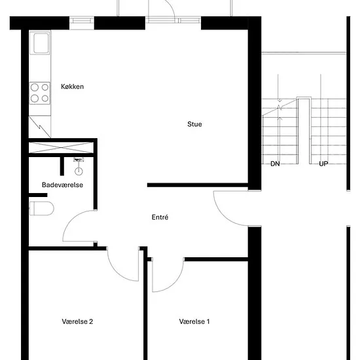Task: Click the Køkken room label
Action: pyautogui.click(x=72, y=86)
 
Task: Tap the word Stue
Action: pyautogui.click(x=194, y=124)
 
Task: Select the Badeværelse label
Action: pyautogui.click(x=62, y=185)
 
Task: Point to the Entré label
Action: pyautogui.click(x=160, y=217)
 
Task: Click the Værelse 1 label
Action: pyautogui.click(x=194, y=321)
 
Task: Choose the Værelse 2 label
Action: pyautogui.click(x=77, y=321)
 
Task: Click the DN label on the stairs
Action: pyautogui.click(x=275, y=164)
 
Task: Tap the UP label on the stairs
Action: pyautogui.click(x=323, y=164)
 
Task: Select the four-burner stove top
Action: pyautogui.click(x=40, y=93)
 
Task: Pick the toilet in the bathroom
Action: pyautogui.click(x=42, y=208)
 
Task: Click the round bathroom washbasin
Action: pyautogui.click(x=79, y=171)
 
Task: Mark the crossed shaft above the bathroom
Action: pyautogui.click(x=61, y=148)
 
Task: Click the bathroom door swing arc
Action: pyautogui.click(x=73, y=218)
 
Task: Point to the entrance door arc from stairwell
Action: pyautogui.click(x=224, y=216)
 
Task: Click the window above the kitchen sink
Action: pyautogui.click(x=82, y=21)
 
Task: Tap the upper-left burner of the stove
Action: pyautogui.click(x=35, y=87)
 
